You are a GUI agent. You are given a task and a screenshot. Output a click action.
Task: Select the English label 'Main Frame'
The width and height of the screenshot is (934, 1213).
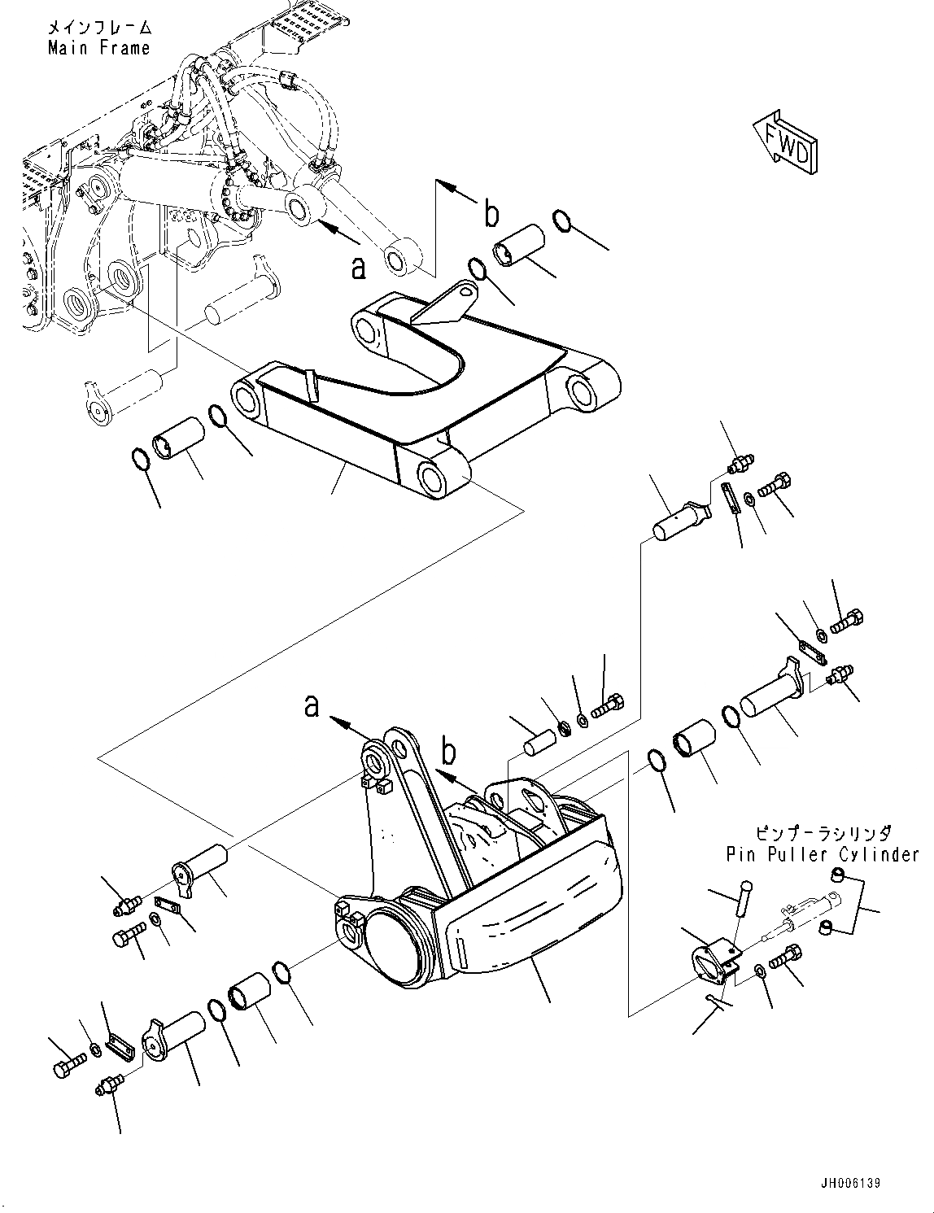(98, 48)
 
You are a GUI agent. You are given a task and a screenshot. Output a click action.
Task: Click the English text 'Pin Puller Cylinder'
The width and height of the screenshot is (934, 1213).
(823, 855)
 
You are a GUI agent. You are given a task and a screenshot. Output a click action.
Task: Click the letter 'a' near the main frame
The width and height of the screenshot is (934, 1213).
(358, 266)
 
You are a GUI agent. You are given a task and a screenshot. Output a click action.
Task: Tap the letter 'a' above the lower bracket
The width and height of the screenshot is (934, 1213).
(312, 705)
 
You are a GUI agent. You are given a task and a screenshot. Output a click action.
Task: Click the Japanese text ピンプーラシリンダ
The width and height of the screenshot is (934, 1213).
(823, 834)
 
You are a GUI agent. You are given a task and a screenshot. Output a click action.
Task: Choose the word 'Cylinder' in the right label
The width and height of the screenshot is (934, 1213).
(881, 855)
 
